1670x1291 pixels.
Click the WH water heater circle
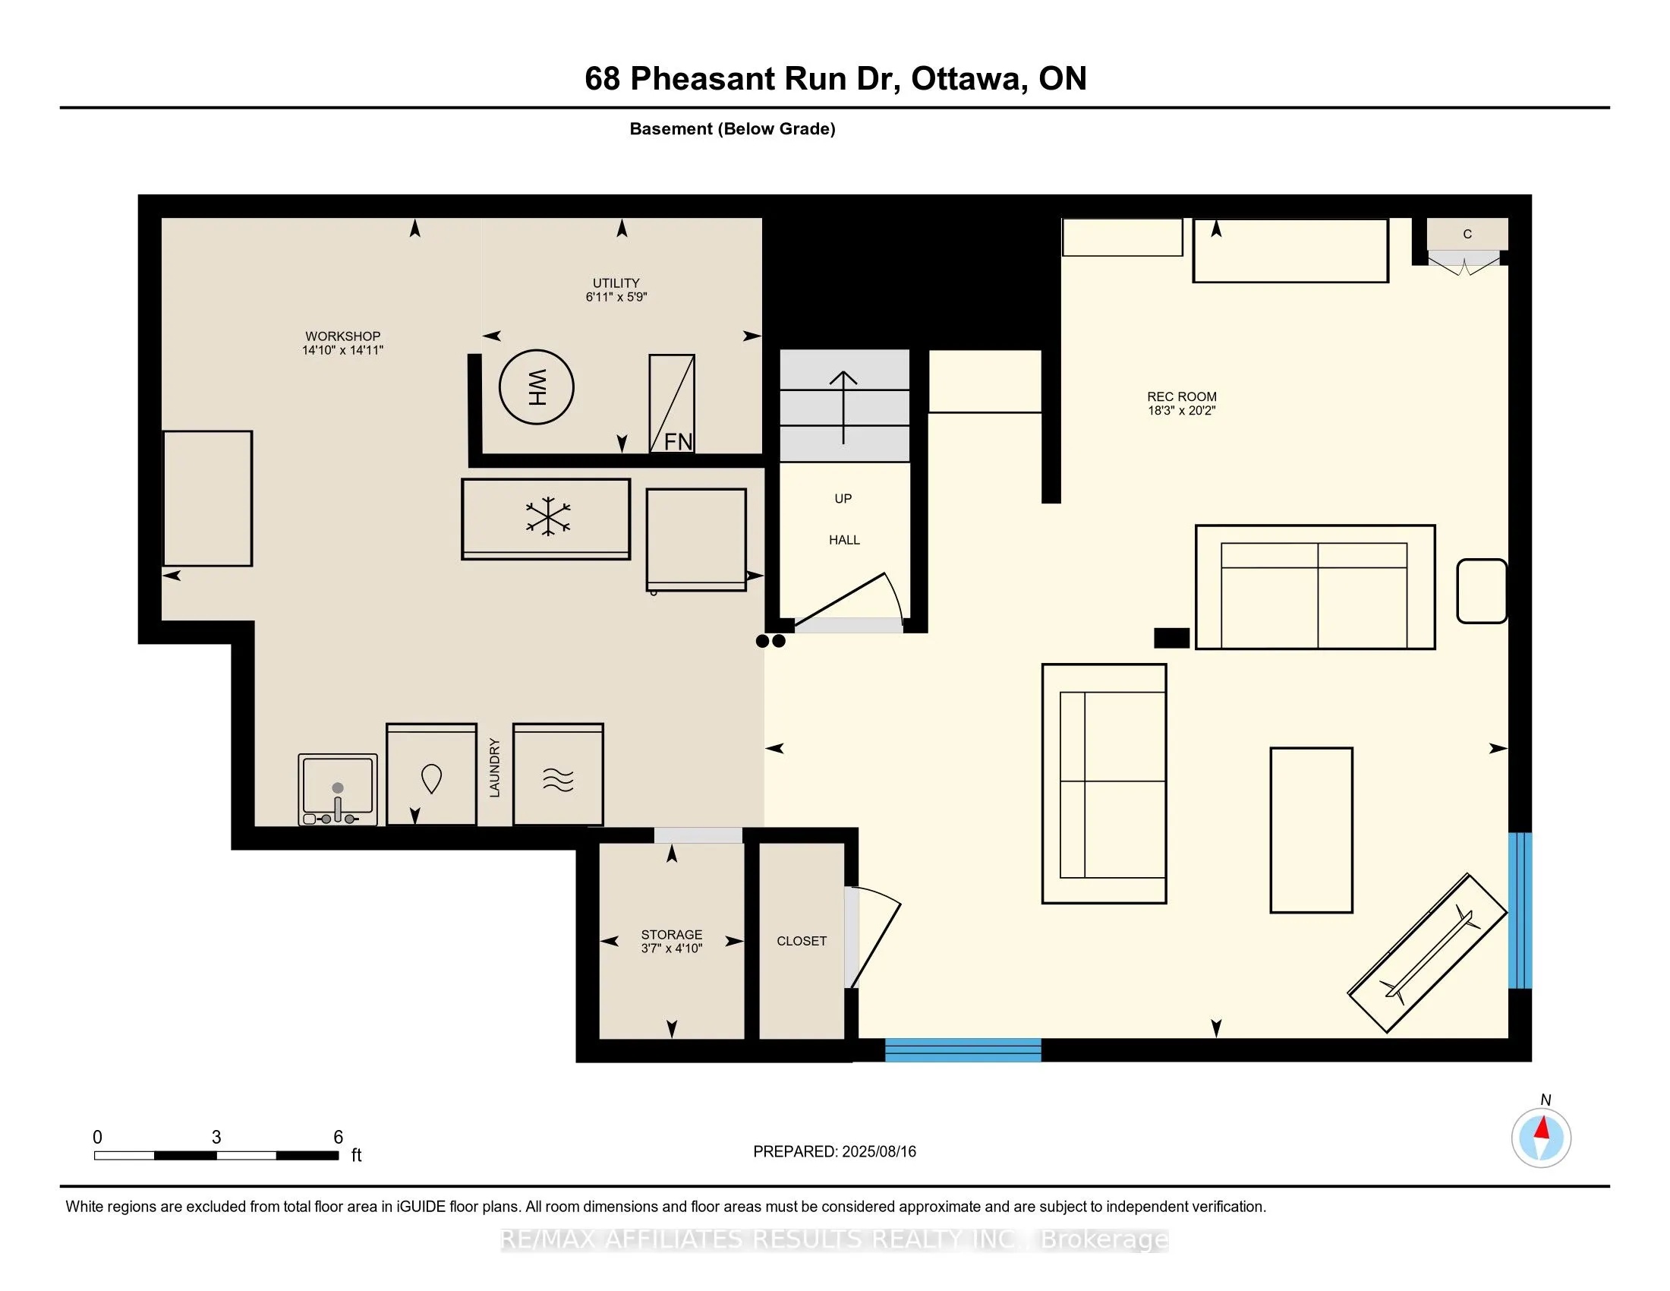pos(536,387)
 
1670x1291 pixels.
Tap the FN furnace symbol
pos(672,403)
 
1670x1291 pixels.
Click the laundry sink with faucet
pos(337,789)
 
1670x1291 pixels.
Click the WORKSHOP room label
pos(342,336)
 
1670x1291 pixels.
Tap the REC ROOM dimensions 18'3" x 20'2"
pos(1181,411)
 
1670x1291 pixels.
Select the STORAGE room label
pos(671,935)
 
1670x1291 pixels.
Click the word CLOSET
pos(802,942)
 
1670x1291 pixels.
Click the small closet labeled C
pos(1467,234)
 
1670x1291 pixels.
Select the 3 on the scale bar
pos(216,1138)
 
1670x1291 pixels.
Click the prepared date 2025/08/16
pos(878,1152)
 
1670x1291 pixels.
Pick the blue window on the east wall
pos(1520,911)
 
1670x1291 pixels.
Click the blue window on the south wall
pos(963,1050)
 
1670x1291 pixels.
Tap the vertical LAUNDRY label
pos(495,767)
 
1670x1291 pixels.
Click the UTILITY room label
pos(616,283)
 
